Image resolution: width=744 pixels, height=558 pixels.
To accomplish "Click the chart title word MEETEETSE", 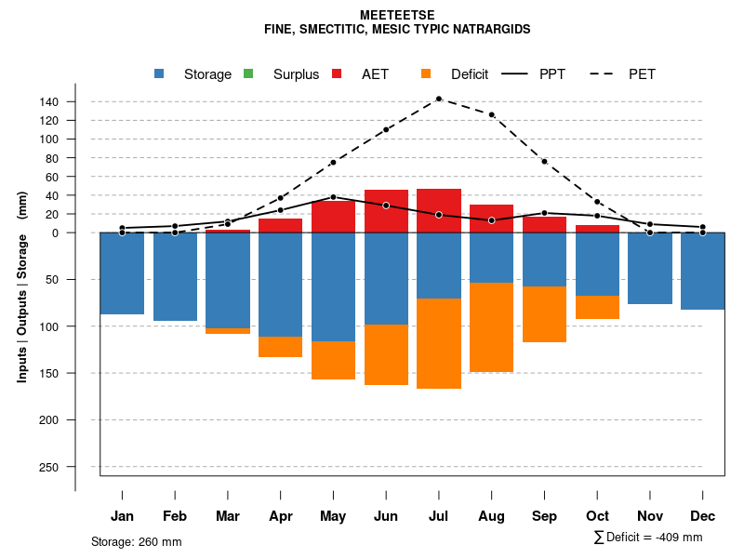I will pos(397,15).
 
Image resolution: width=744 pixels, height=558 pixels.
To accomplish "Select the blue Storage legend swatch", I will pos(160,74).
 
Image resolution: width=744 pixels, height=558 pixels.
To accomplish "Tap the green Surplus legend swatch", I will pos(248,74).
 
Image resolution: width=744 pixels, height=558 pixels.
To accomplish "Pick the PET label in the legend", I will pos(642,74).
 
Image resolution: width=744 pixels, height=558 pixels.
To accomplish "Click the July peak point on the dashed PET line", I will pos(438,99).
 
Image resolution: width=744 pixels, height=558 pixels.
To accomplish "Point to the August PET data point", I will pos(492,114).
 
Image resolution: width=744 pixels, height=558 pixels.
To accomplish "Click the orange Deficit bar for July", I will pos(439,343).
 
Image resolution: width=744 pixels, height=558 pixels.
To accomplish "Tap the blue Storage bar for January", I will pos(122,273).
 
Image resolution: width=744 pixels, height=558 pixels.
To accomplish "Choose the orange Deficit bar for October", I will pos(598,307).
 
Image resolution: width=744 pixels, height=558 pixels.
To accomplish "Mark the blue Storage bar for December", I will pos(703,271).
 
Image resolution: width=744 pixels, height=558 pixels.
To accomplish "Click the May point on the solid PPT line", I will pos(333,197).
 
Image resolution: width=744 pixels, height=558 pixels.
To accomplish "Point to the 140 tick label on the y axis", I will pos(75,101).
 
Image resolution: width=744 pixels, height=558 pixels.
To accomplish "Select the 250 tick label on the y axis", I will pos(75,467).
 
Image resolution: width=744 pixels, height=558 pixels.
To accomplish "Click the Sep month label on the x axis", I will pos(545,516).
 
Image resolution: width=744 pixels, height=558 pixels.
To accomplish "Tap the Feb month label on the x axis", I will pos(175,516).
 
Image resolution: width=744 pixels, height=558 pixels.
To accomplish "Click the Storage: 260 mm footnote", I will pos(136,541).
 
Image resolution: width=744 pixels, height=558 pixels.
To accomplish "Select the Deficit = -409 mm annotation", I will pos(648,538).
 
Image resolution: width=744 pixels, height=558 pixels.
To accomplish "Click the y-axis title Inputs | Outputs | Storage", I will pos(22,286).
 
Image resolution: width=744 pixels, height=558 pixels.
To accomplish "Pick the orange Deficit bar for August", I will pos(492,326).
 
